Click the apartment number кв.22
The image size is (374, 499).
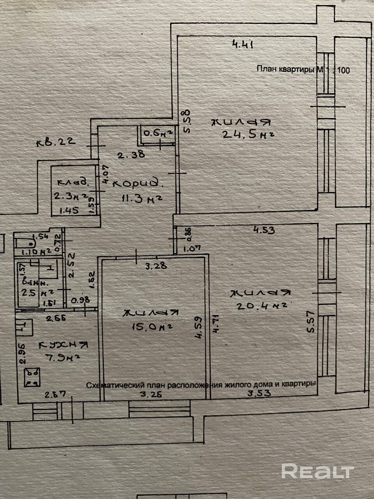pos(55,142)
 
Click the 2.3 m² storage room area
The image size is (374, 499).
pos(71,197)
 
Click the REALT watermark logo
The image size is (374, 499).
pos(316,471)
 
